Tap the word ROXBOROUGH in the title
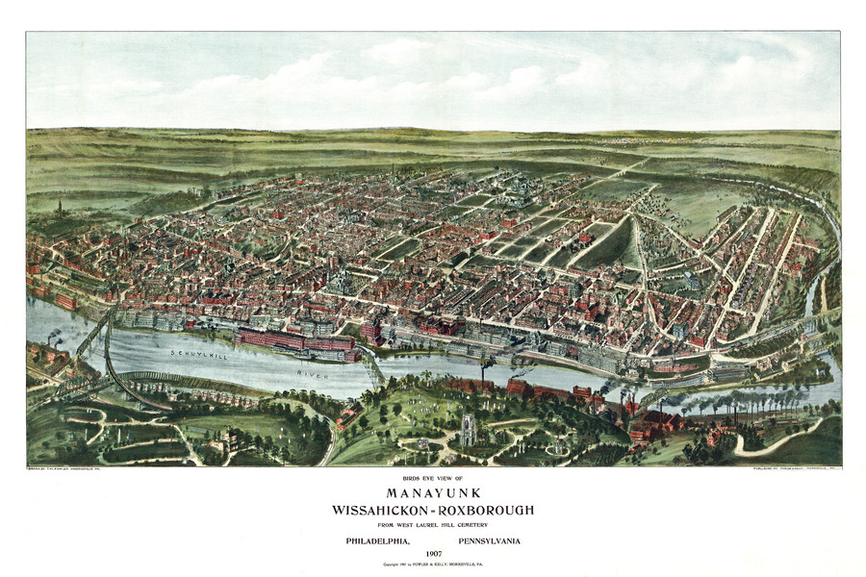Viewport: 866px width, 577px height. [487, 510]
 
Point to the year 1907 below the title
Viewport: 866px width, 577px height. [432, 554]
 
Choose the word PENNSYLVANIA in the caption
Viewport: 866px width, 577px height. [489, 540]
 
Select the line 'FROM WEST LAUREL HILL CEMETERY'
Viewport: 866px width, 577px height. [432, 524]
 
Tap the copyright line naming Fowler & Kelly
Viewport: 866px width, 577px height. [432, 564]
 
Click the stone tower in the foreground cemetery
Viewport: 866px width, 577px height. [468, 429]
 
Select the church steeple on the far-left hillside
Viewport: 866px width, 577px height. [60, 207]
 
